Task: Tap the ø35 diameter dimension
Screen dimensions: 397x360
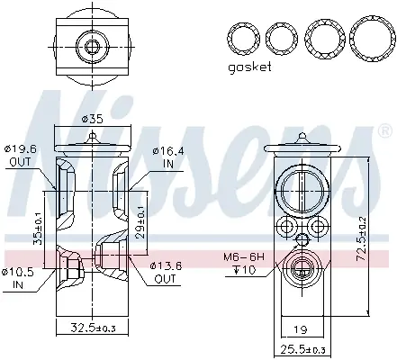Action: [92, 119]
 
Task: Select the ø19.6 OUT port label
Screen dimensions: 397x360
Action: [20, 156]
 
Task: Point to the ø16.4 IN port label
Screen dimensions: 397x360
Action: [168, 157]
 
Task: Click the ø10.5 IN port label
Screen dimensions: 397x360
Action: [17, 278]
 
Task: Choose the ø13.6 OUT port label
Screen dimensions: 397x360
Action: [166, 272]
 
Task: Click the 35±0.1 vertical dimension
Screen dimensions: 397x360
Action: [38, 229]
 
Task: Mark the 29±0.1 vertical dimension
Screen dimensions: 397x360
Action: [140, 223]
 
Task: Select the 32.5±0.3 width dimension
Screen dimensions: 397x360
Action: [93, 328]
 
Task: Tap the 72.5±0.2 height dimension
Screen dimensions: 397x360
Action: [363, 238]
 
